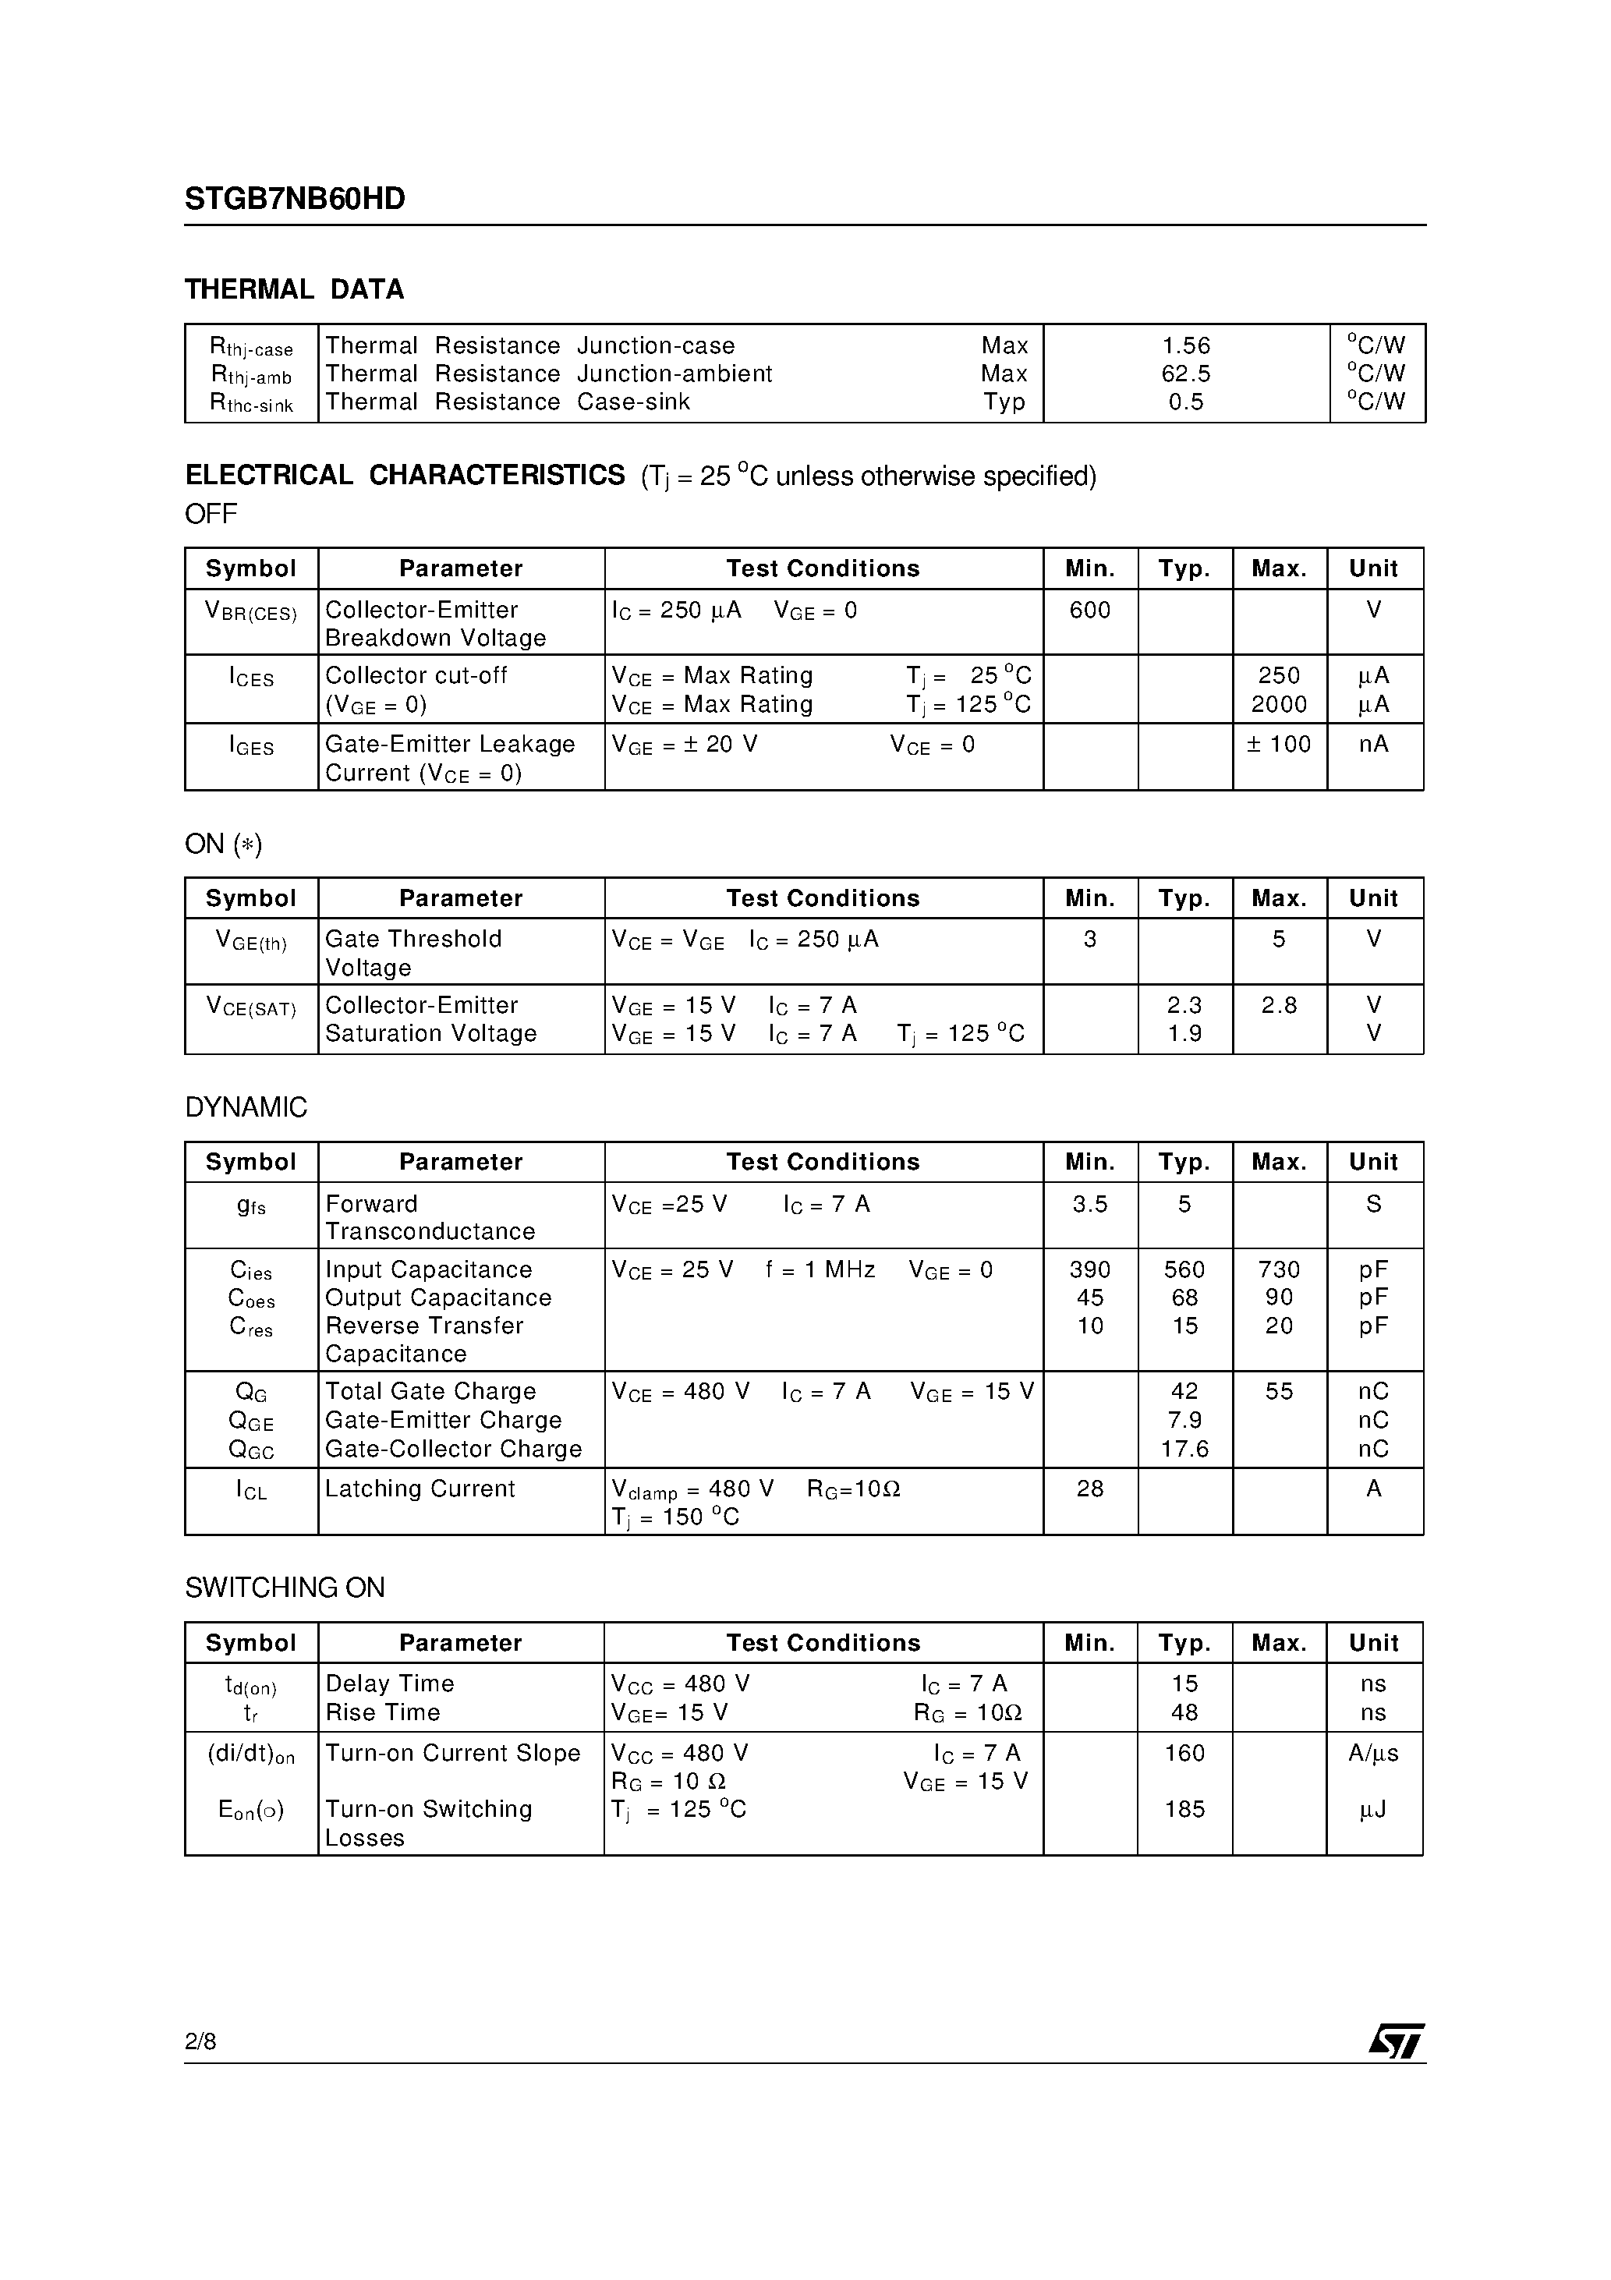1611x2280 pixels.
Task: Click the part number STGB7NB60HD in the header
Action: (x=295, y=200)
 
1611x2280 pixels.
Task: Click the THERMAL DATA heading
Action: (x=294, y=290)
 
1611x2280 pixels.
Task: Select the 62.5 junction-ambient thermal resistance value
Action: (x=1186, y=374)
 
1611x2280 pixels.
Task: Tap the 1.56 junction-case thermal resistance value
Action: (x=1186, y=346)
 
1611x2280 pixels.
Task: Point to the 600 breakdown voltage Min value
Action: (x=1089, y=611)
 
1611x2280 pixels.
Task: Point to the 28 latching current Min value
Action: (x=1089, y=1489)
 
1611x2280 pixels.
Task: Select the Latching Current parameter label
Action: (x=420, y=1489)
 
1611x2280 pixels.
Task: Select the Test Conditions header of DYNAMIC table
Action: (x=823, y=1163)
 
